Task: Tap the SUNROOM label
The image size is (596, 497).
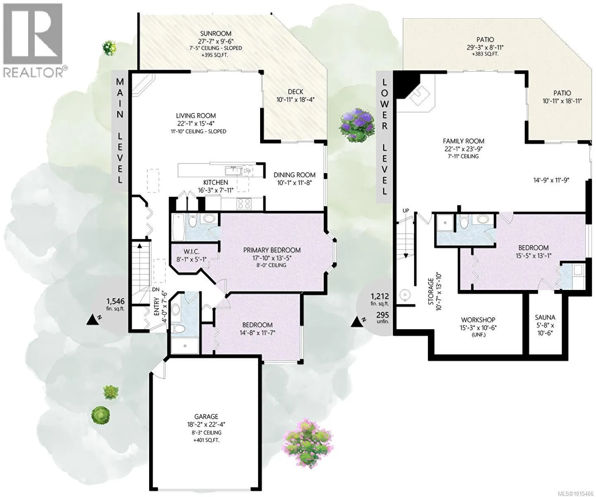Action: coord(215,34)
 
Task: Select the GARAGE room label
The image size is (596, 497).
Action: coord(206,417)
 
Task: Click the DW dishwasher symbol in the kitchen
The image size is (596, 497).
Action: coord(247,171)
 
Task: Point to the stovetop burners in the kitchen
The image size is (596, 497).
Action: coord(244,204)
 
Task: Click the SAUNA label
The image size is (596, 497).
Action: coord(545,317)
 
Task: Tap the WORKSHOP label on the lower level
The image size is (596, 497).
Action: coord(478,319)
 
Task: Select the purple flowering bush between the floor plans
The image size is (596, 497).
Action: coord(357,125)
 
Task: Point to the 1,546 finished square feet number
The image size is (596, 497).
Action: coord(115,301)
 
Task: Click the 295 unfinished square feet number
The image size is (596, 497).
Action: coord(382,315)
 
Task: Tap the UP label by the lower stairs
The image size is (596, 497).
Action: coord(405,210)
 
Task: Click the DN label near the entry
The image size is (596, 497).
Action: coord(156,290)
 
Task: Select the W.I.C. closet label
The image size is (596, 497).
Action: coord(191,251)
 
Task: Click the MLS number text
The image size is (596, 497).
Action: coord(571,493)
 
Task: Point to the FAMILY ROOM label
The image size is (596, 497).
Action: coord(463,141)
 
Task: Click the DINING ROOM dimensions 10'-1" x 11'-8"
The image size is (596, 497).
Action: coord(294,182)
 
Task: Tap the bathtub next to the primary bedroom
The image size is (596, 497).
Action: coord(179,227)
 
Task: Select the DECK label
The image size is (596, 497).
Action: coord(295,92)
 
